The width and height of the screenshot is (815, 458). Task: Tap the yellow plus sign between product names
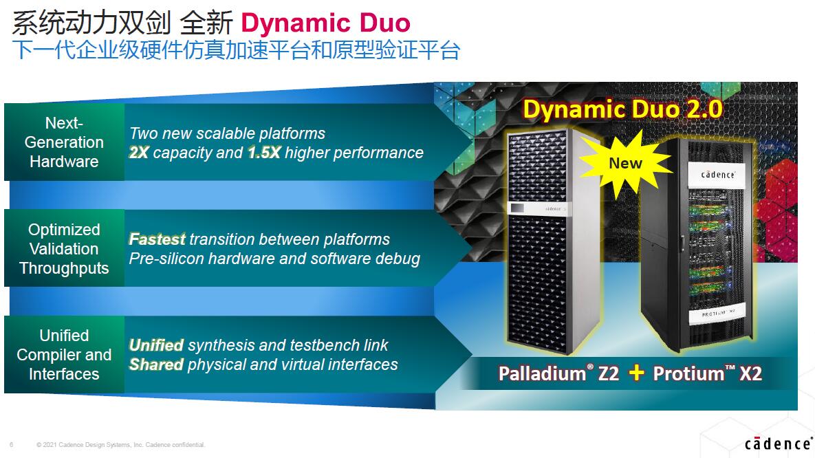636,373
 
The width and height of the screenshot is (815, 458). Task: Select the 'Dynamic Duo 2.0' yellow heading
622,109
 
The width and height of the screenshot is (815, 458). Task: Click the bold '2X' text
139,153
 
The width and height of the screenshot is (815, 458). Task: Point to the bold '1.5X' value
264,153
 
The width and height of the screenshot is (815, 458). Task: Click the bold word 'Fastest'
157,239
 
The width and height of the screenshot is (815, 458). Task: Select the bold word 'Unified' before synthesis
156,345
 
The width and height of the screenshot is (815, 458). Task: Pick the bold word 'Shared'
156,364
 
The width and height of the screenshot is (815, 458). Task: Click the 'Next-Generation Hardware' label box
65,142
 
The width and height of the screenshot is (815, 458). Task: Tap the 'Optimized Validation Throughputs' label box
65,248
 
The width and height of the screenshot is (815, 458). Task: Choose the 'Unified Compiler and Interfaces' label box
65,355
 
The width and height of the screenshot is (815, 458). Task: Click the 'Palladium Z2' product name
558,373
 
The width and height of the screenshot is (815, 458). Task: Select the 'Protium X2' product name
708,373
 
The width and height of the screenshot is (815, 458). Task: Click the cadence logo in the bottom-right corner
778,443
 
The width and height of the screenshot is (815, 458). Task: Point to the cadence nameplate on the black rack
718,174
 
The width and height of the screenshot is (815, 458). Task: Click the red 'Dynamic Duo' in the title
325,23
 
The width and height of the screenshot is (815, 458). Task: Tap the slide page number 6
12,444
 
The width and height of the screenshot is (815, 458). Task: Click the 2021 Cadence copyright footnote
121,444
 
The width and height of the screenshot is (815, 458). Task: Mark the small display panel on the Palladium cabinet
517,208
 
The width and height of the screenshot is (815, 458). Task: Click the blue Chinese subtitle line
237,50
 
